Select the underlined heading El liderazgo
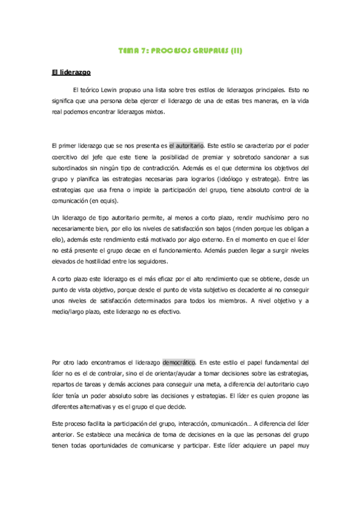pyautogui.click(x=71, y=73)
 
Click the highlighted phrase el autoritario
pyautogui.click(x=186, y=146)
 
